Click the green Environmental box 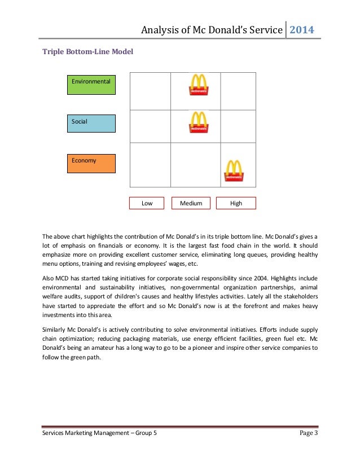(91, 85)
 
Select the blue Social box (91, 124)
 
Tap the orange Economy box (91, 163)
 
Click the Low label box (147, 203)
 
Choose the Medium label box (191, 203)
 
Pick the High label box (236, 203)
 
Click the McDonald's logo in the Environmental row (197, 85)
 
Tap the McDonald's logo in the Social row (197, 122)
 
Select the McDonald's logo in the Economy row (234, 171)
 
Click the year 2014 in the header (302, 29)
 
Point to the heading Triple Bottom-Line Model (88, 53)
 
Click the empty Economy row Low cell (150, 165)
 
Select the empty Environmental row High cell (238, 91)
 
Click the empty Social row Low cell (150, 126)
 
